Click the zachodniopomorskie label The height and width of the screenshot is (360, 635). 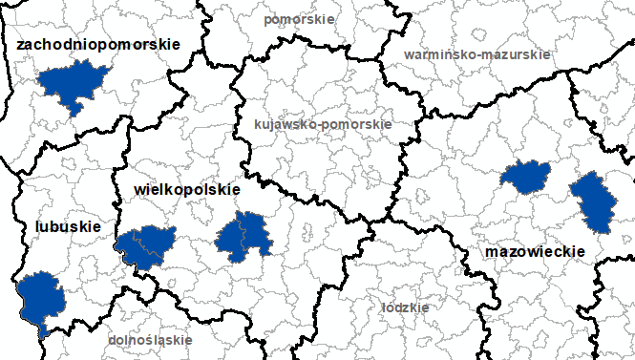coord(98,44)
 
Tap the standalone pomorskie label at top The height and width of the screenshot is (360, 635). coord(299,18)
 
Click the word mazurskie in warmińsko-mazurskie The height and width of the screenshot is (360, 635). coord(519,54)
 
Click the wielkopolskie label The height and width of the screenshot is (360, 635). coord(181,190)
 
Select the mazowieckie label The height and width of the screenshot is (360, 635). coord(535,251)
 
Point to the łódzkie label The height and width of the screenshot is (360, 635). coord(405,307)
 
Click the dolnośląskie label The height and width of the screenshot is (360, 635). coord(150,339)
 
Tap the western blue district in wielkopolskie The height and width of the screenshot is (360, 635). coord(146,244)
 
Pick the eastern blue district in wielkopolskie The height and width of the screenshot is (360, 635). coord(245,235)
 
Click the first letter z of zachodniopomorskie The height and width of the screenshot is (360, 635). coord(21,44)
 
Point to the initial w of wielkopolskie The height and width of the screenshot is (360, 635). coord(129,190)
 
